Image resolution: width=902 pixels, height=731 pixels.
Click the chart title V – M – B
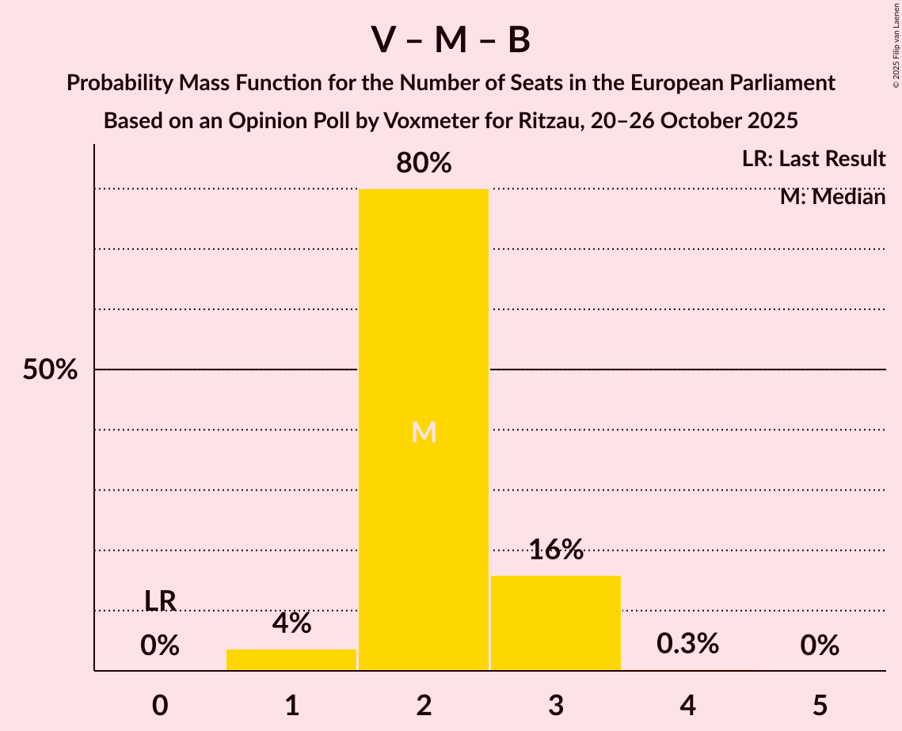pos(451,40)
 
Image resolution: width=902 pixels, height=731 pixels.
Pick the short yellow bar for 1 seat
pos(291,660)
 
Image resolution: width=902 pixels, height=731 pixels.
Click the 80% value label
pos(424,164)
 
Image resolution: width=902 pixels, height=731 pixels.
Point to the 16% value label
pos(556,550)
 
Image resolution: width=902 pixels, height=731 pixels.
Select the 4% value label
pos(291,623)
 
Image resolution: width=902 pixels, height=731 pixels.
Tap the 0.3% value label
pos(687,644)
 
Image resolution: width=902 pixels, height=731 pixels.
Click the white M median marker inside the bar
pos(424,432)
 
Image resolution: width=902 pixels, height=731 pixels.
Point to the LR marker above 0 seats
pos(160,601)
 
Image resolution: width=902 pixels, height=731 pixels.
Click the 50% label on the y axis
pos(50,369)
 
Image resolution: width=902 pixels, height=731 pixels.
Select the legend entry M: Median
pos(832,196)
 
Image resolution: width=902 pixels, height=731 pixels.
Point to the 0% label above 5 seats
pos(820,646)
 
